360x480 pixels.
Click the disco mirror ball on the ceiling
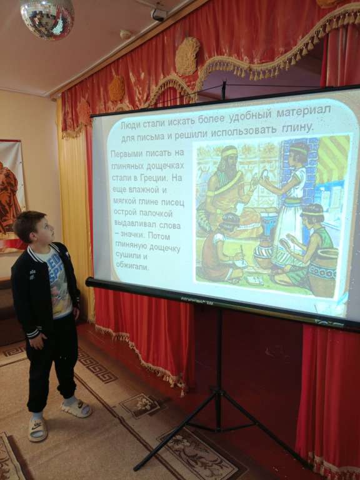click(x=47, y=17)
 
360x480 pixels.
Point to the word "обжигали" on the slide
click(x=127, y=267)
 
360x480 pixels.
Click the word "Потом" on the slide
click(x=159, y=236)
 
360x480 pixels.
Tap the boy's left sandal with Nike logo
click(x=38, y=429)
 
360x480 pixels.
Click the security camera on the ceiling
click(x=159, y=14)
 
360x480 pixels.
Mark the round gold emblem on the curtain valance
click(x=187, y=56)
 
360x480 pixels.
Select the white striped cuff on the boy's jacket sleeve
click(x=33, y=332)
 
